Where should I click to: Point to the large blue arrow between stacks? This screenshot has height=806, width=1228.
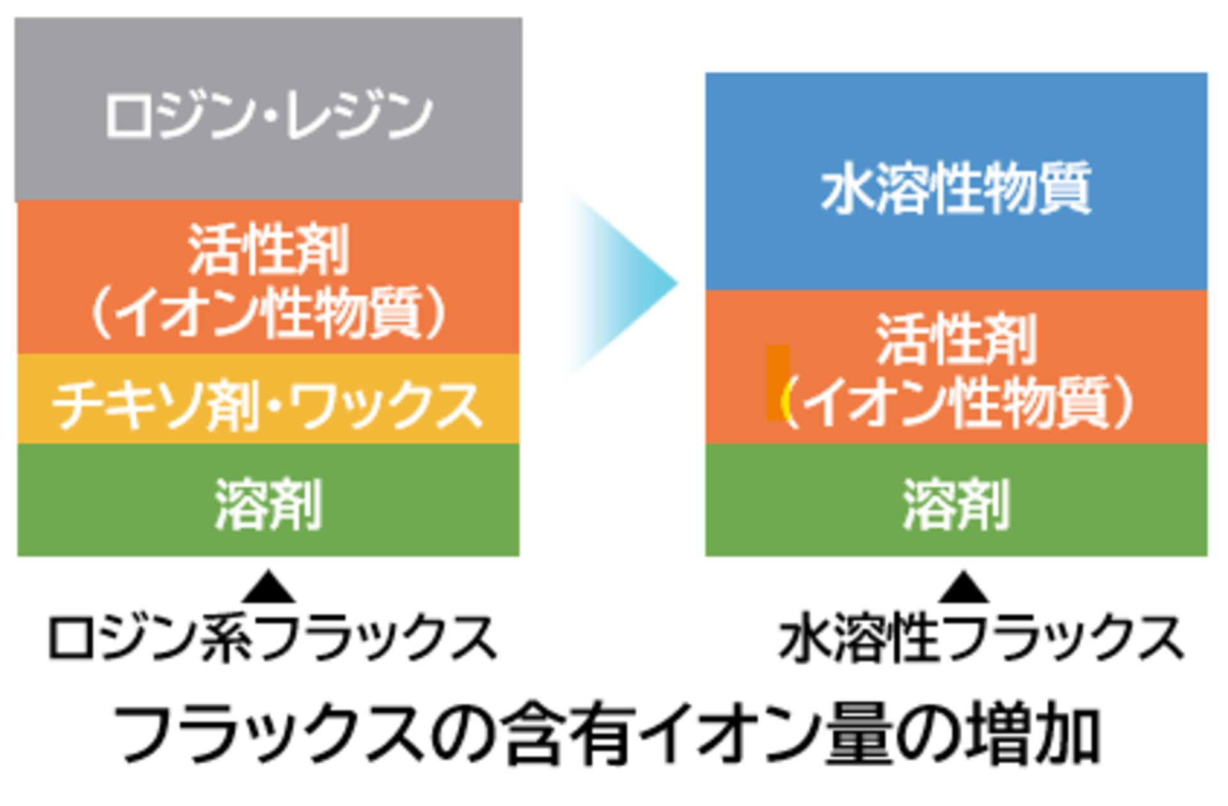(624, 281)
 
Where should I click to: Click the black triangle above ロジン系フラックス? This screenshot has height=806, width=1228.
(269, 588)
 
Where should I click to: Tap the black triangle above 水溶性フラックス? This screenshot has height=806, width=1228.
(964, 588)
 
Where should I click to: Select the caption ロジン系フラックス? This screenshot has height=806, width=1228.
(272, 638)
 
